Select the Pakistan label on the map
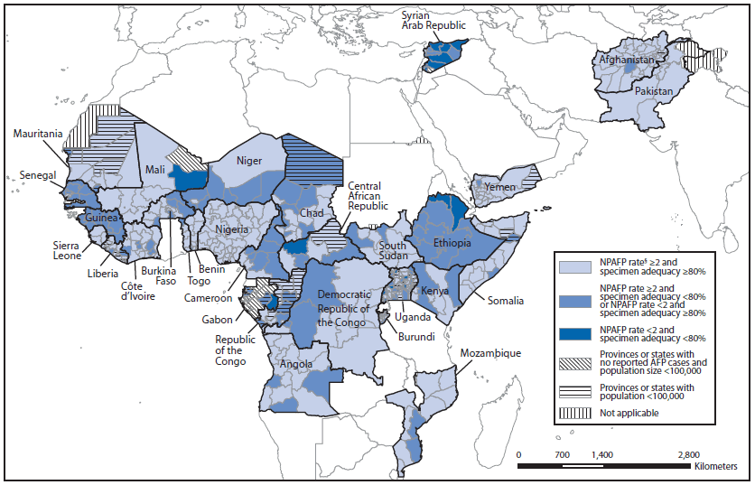coord(653,92)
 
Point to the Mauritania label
coord(38,134)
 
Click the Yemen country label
coord(499,187)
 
